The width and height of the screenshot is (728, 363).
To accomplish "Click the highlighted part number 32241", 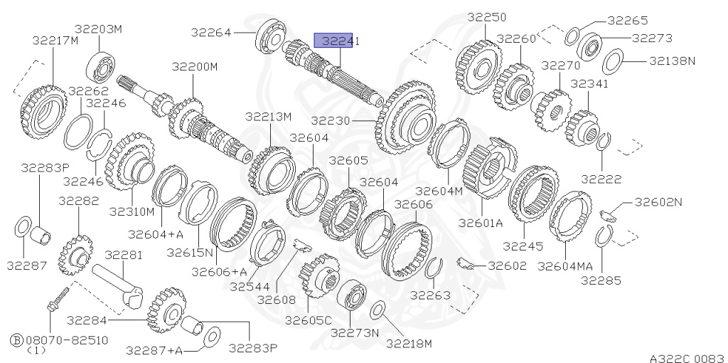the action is (341, 41).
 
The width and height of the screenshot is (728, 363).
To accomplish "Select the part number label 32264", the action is (210, 33).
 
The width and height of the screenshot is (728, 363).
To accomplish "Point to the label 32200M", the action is (195, 67).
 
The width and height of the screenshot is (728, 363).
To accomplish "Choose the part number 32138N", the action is (672, 60).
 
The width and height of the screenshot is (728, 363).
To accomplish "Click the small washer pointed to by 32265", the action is (572, 37).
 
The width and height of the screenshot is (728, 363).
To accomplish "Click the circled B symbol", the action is (17, 340).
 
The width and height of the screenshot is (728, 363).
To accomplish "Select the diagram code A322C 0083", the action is (687, 358).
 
